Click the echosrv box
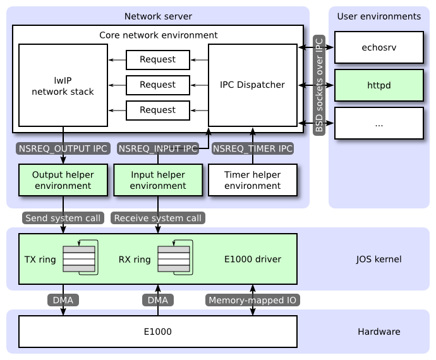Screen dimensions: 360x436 tap(378, 47)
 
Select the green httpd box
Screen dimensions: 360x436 tap(378, 85)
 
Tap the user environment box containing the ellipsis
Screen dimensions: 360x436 tap(378, 123)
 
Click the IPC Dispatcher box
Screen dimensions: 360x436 tap(253, 85)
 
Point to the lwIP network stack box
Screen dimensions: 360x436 tap(63, 85)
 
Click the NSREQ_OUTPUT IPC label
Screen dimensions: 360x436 tap(63, 148)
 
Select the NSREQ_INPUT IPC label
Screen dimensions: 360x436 tap(158, 148)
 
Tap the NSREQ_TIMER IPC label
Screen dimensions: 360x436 tap(253, 148)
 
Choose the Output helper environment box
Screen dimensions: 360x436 tap(63, 180)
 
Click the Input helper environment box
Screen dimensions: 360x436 tap(158, 180)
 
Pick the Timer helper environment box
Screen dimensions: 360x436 tap(253, 180)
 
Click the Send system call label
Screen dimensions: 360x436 tap(63, 219)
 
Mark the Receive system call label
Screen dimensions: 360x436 tap(158, 219)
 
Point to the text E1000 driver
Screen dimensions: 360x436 tap(252, 259)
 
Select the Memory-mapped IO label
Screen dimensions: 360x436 tap(253, 301)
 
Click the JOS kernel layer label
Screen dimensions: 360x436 tap(378, 259)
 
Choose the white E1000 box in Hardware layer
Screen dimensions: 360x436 tap(158, 332)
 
